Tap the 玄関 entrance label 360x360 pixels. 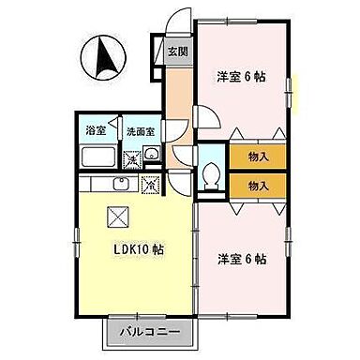pos(177,52)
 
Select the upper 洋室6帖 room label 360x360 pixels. pos(240,77)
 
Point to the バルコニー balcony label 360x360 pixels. pos(151,332)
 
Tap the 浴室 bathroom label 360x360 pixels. pos(95,131)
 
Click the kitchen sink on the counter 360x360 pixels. pos(120,182)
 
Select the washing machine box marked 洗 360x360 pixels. pos(133,159)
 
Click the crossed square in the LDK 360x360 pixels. pos(119,217)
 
